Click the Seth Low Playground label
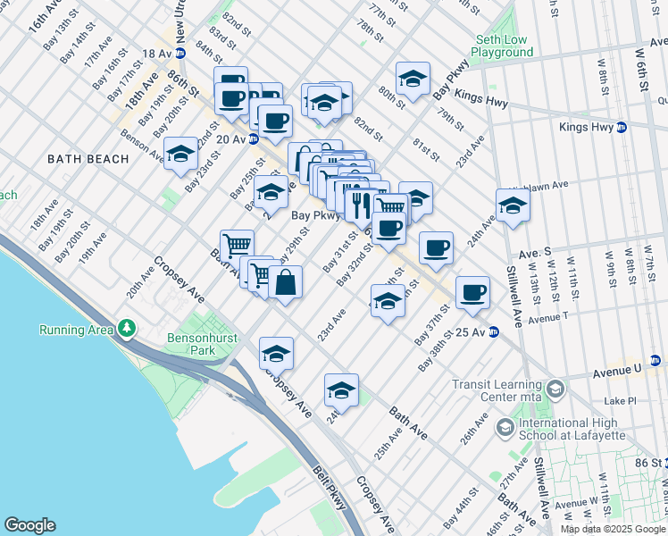(502, 46)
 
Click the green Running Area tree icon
(127, 330)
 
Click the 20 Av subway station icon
(254, 139)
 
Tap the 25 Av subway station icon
(492, 332)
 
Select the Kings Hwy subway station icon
(621, 128)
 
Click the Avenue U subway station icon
(655, 361)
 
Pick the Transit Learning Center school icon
(555, 389)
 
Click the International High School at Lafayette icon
(505, 428)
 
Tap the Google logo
(29, 525)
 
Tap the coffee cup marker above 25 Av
(472, 291)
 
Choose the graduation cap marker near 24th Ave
(513, 206)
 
